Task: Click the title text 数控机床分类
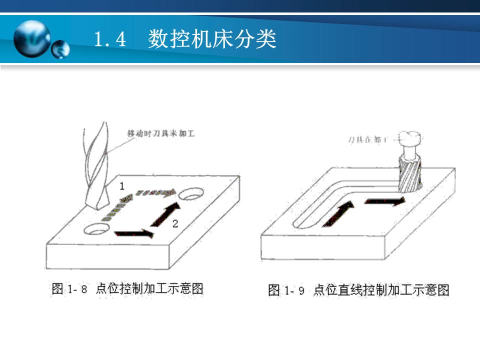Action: click(212, 40)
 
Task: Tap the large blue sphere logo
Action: click(31, 39)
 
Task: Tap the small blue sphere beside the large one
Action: click(60, 49)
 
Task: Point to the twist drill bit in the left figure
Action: click(97, 170)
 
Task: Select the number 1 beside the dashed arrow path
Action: click(121, 186)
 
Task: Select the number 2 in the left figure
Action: click(174, 223)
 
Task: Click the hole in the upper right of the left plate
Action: click(191, 193)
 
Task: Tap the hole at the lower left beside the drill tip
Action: click(97, 229)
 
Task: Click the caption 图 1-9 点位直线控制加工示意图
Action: click(358, 290)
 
